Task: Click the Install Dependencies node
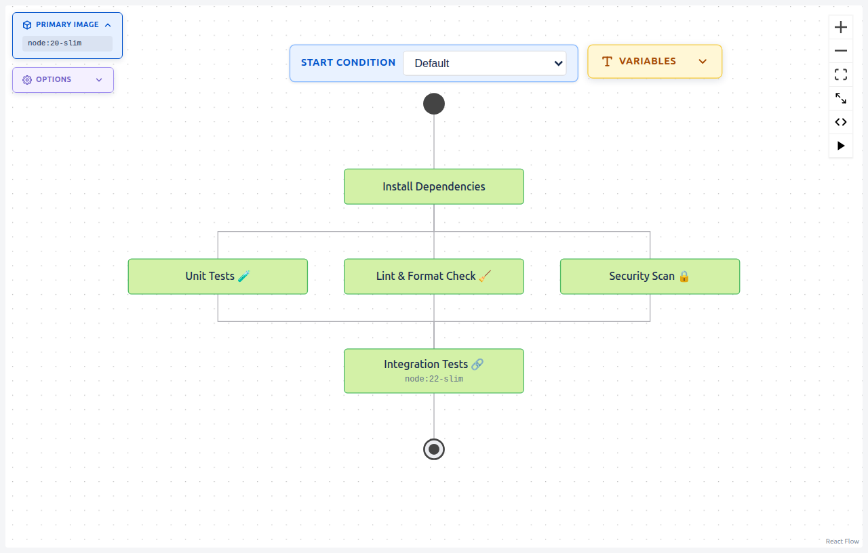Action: [434, 186]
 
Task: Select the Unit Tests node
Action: [218, 276]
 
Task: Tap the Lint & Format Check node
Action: [434, 276]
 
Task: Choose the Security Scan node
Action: [650, 276]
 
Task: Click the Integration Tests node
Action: [434, 365]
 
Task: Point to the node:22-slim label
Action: [434, 379]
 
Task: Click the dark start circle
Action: [434, 104]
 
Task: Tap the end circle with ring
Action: [434, 449]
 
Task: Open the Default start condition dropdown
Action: [485, 63]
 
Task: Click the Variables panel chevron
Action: [703, 62]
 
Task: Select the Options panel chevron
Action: [99, 80]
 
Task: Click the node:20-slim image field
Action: [67, 43]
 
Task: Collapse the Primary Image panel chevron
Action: [108, 25]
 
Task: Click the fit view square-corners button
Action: [841, 75]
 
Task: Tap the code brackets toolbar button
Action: [841, 122]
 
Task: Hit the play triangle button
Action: [841, 146]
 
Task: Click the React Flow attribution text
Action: [842, 541]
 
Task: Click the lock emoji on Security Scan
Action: [684, 276]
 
